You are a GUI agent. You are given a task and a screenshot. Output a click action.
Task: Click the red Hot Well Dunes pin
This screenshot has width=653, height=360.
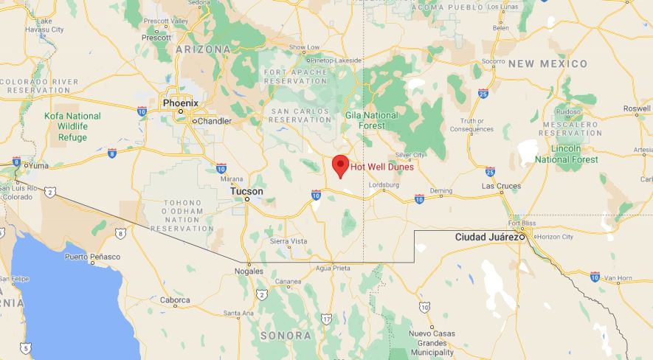click(x=340, y=166)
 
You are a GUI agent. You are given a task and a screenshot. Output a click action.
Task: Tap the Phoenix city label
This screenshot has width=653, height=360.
click(x=180, y=104)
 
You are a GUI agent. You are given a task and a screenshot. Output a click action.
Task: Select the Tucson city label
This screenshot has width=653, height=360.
click(x=246, y=191)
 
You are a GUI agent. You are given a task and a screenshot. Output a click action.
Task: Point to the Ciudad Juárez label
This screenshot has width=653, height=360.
click(x=486, y=237)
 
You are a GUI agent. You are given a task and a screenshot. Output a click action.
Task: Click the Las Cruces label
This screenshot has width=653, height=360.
click(x=501, y=186)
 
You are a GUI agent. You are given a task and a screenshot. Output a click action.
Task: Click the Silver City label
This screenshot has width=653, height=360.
click(x=410, y=155)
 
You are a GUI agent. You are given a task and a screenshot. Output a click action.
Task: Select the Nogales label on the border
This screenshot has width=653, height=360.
click(x=249, y=271)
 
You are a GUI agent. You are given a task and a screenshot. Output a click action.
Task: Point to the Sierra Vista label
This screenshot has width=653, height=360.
click(x=289, y=241)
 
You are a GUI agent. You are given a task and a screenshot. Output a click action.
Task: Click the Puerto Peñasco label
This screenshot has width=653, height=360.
click(x=91, y=256)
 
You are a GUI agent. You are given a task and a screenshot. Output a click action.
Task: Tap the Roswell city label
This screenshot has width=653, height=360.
click(x=637, y=108)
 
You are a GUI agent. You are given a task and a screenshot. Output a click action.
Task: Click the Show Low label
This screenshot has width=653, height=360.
click(x=304, y=47)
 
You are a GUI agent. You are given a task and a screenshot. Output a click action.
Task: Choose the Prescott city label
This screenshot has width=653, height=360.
click(x=157, y=37)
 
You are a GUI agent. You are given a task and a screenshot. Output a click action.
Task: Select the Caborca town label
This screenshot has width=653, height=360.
click(x=175, y=300)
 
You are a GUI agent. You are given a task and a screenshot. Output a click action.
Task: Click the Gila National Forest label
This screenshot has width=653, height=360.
click(x=371, y=120)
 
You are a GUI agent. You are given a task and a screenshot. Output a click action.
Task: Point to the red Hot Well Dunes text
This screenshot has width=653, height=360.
click(x=381, y=167)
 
